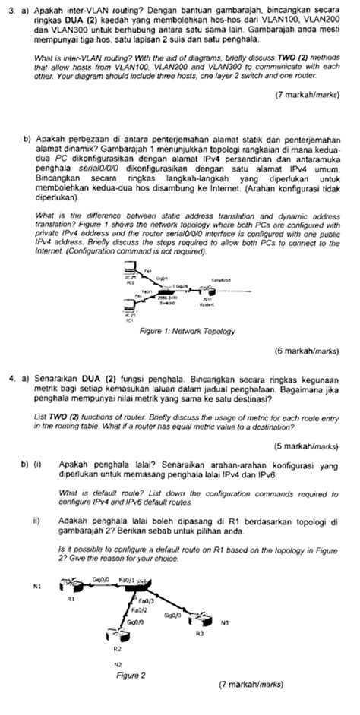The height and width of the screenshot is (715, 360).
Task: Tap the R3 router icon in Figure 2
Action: click(x=201, y=619)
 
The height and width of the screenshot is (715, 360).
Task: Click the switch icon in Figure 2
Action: click(x=141, y=586)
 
